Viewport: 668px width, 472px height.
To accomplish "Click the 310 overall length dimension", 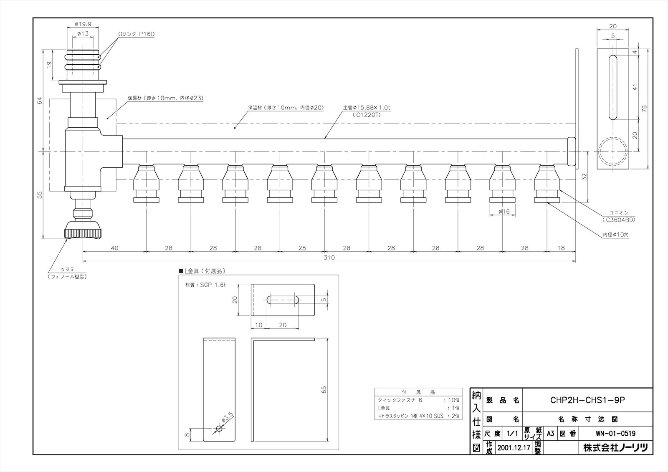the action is click(329, 257).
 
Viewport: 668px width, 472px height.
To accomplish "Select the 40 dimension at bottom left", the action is click(114, 248).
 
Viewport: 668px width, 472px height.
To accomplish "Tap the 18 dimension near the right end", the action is click(561, 248).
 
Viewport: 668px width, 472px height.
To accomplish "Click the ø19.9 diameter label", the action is click(83, 24).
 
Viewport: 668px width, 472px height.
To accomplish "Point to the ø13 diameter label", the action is click(83, 33).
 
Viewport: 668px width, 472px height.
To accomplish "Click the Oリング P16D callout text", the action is click(137, 34).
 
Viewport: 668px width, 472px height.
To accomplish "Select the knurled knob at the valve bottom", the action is click(83, 230).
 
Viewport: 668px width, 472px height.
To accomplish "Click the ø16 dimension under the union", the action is click(504, 212).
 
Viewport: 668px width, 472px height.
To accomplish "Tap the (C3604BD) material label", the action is click(618, 220).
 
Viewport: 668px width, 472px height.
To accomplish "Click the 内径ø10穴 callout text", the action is click(615, 235).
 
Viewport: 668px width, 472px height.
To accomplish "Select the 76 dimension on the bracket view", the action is click(643, 108).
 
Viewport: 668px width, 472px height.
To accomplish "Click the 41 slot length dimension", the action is click(635, 87).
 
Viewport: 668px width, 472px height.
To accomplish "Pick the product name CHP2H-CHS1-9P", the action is click(587, 400).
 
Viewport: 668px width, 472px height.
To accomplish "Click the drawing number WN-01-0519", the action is click(615, 433).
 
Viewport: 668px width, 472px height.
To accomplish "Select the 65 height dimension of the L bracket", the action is click(324, 389).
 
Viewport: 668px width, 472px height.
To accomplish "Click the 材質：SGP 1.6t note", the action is click(205, 285).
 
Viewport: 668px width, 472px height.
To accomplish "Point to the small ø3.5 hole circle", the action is click(219, 429).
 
